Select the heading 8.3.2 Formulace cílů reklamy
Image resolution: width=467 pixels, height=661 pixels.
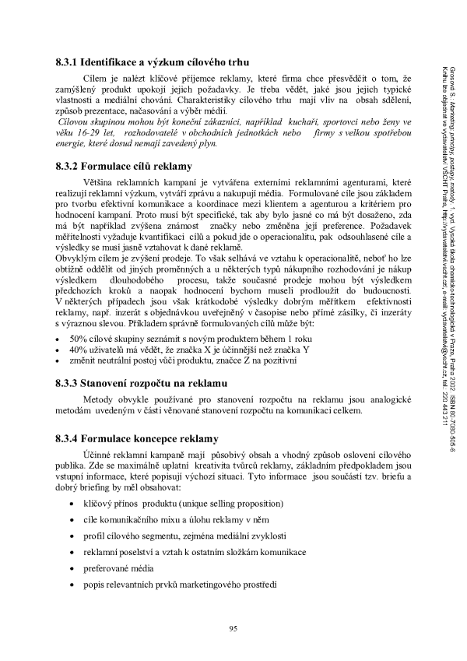124,165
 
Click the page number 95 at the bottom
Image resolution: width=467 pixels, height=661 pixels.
233,628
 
